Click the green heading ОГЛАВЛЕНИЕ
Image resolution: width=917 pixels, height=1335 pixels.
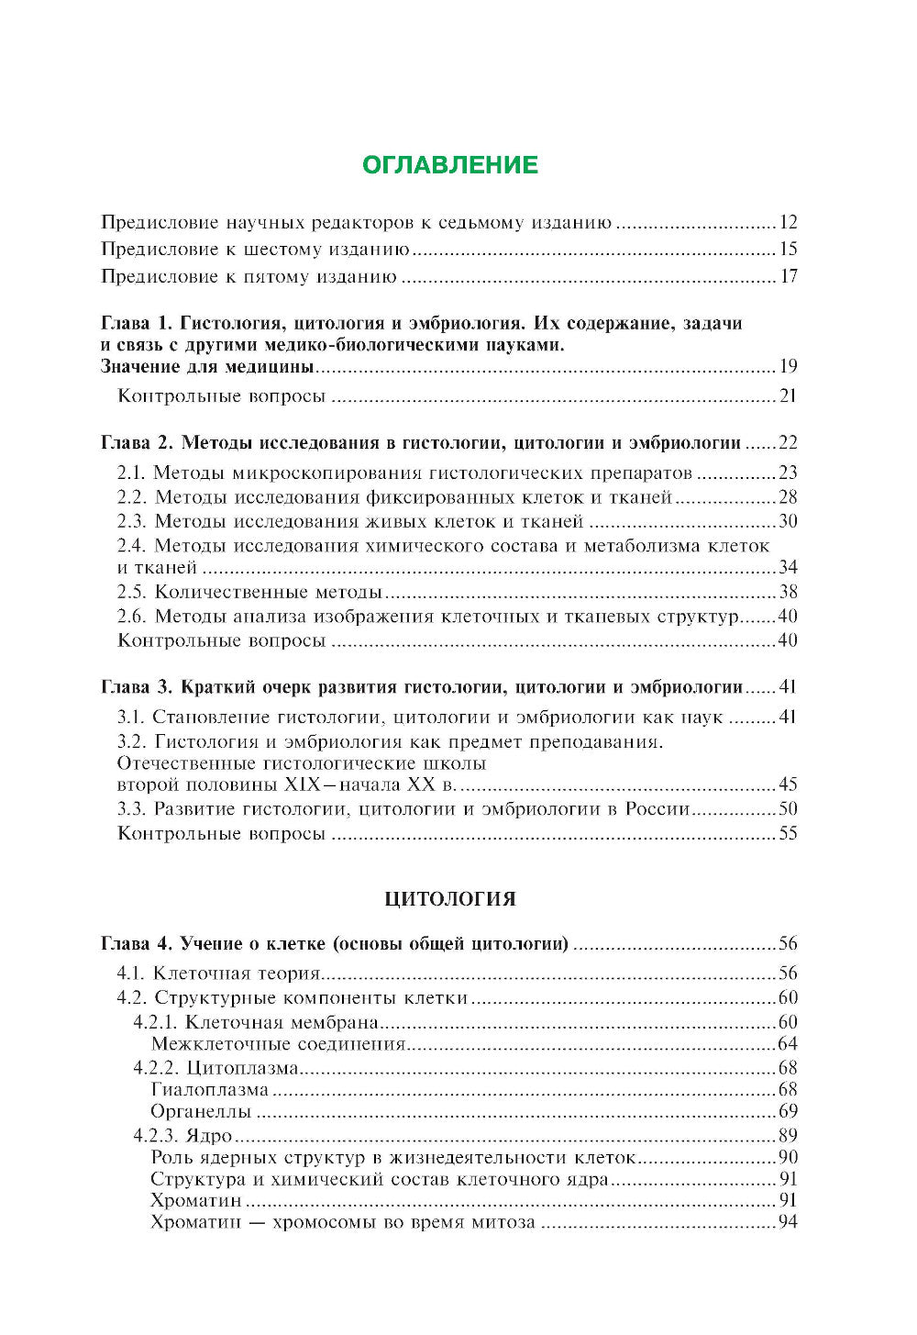click(x=450, y=165)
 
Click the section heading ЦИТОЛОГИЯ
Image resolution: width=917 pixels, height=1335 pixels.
click(x=450, y=899)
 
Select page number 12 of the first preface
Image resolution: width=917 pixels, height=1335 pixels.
click(x=788, y=223)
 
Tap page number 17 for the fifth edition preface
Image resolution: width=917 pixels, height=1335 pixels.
click(x=788, y=277)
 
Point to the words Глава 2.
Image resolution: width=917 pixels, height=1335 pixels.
click(x=137, y=443)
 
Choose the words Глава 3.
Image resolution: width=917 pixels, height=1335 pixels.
click(x=137, y=688)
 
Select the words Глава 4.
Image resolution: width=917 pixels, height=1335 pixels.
click(x=137, y=944)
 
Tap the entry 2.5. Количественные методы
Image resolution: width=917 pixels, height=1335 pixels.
click(x=249, y=592)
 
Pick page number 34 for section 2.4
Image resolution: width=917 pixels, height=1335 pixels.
click(x=788, y=568)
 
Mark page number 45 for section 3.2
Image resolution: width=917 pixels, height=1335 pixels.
click(x=788, y=785)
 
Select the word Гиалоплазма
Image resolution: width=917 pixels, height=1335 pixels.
click(x=210, y=1090)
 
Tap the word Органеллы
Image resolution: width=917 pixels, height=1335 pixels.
click(x=201, y=1112)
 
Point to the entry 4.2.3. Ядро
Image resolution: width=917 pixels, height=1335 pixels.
click(x=182, y=1136)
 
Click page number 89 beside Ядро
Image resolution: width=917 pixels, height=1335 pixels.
click(x=788, y=1136)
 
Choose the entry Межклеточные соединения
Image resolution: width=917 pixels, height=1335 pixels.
click(x=278, y=1044)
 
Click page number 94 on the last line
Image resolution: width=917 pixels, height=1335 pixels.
click(x=788, y=1223)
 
